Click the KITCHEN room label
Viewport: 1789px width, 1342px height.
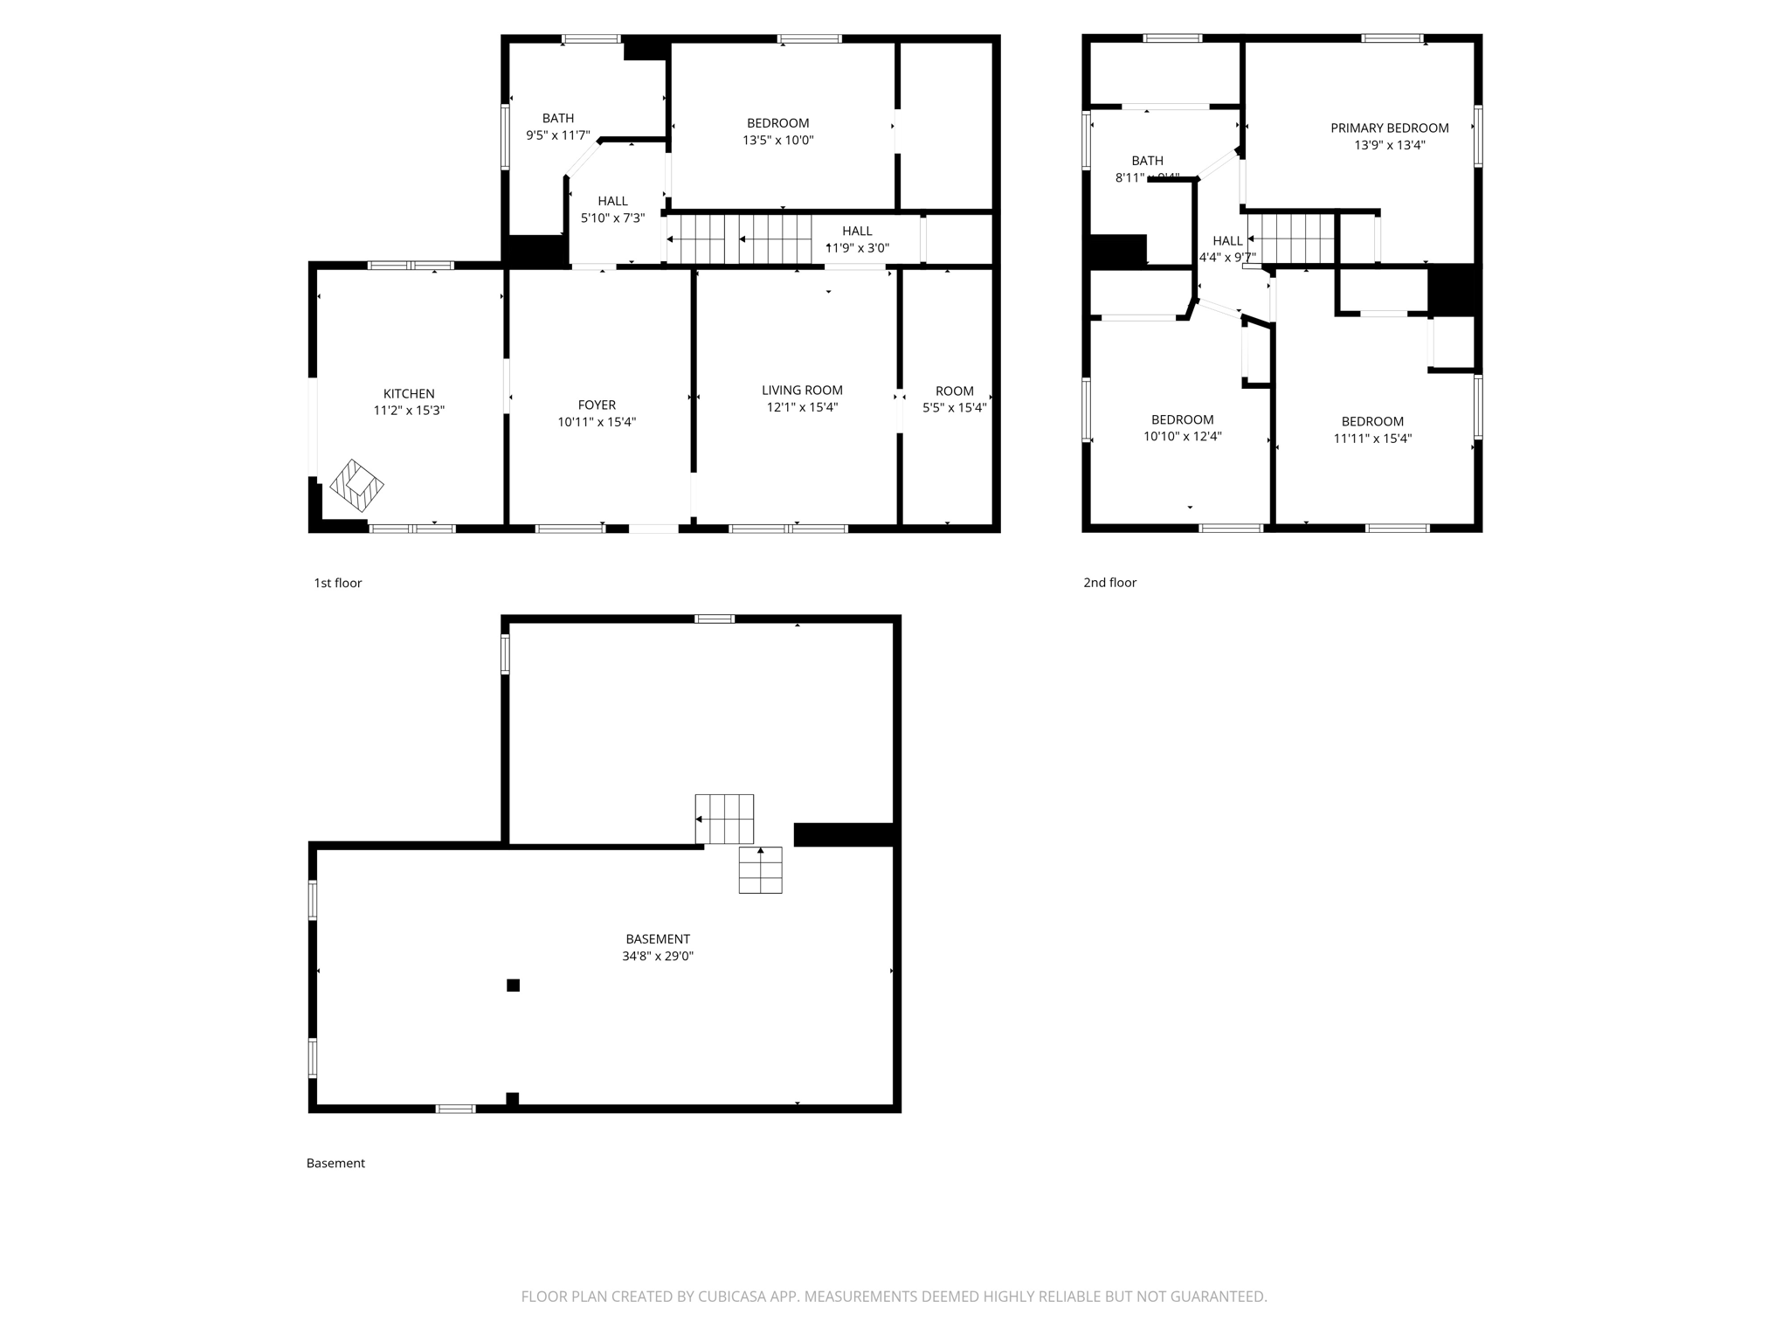click(409, 394)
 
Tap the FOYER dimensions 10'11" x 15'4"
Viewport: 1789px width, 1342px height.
click(597, 422)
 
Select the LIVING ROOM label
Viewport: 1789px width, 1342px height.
click(802, 391)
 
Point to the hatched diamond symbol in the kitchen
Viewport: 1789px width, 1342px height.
click(356, 486)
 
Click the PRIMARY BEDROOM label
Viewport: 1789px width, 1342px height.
click(1389, 128)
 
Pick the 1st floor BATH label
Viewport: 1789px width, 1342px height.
click(558, 119)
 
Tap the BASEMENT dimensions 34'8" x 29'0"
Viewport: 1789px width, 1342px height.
click(658, 956)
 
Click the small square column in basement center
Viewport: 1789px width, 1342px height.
click(514, 986)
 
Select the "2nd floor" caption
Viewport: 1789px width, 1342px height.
click(1109, 583)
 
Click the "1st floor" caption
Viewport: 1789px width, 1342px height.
click(337, 583)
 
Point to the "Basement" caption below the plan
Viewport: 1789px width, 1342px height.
click(335, 1163)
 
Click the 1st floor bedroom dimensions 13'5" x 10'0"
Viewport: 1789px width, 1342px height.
click(777, 140)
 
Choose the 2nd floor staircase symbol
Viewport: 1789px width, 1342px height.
click(1293, 239)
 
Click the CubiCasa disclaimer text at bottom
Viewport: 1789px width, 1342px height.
click(894, 1297)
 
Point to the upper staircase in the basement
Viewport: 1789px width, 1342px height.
click(724, 819)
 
